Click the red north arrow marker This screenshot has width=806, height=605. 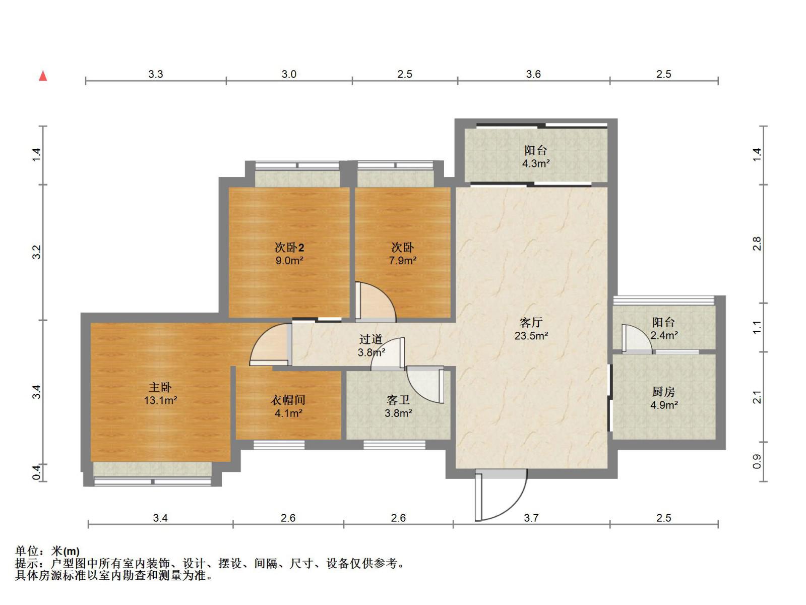(x=43, y=76)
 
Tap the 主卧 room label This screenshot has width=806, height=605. (x=160, y=387)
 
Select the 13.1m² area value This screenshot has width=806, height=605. (x=160, y=400)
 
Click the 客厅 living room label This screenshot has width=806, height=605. (x=531, y=322)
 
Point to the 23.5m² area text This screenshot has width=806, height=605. (x=531, y=336)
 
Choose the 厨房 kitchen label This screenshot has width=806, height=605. (x=663, y=392)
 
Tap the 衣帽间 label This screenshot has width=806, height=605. (x=288, y=400)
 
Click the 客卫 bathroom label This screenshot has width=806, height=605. (x=398, y=400)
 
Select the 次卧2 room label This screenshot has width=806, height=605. (x=289, y=248)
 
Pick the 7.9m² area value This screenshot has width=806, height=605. (x=402, y=261)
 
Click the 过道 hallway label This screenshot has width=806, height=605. (x=371, y=339)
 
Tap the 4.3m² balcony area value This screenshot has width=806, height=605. (x=536, y=163)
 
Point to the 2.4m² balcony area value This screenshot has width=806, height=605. (x=664, y=335)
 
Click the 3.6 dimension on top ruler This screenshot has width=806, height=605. (x=533, y=74)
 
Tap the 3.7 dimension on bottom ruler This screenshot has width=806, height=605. (x=531, y=518)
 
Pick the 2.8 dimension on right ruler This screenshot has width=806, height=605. (x=757, y=244)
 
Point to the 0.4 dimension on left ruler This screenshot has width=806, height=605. (x=36, y=472)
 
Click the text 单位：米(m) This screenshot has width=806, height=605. (x=47, y=551)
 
